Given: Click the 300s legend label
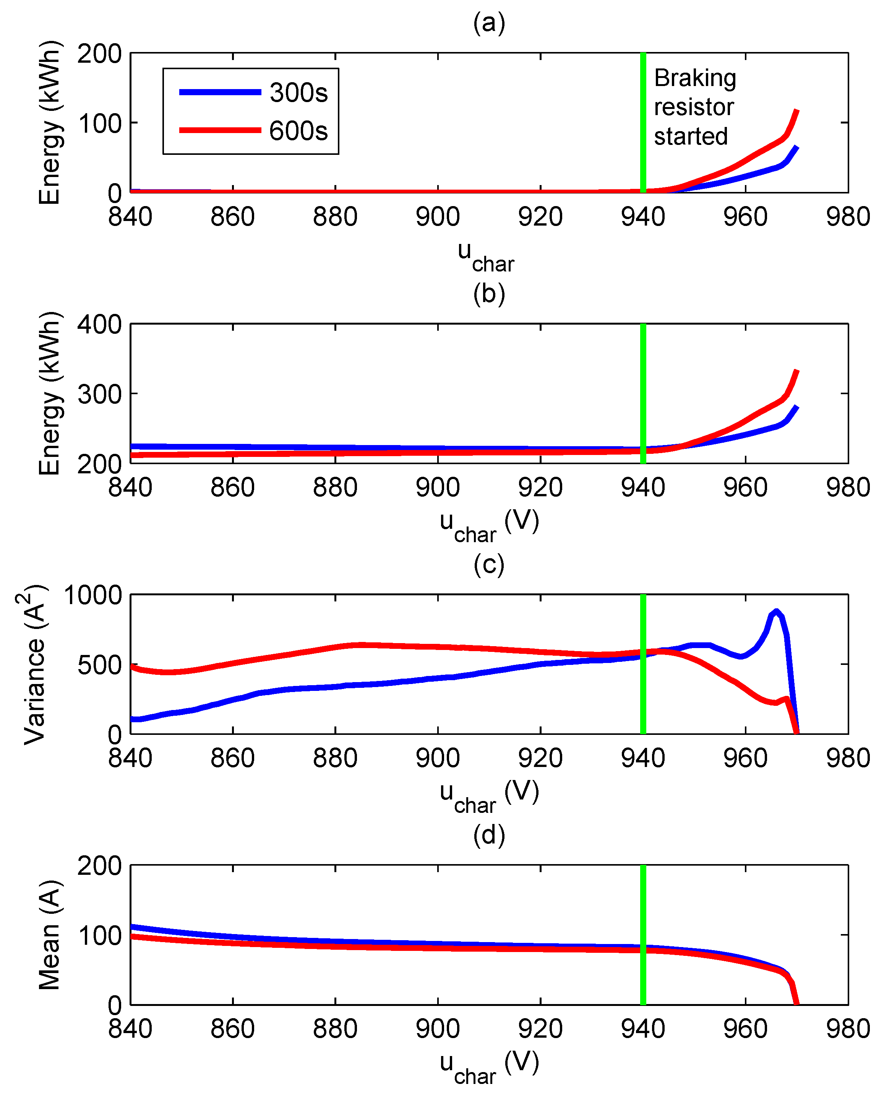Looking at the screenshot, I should point(298,93).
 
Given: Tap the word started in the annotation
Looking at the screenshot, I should point(690,136).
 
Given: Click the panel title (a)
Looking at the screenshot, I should point(489,23).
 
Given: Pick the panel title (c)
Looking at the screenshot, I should point(489,565).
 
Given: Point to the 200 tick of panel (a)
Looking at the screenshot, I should point(99,54).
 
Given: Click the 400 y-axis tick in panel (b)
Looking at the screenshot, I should point(99,325).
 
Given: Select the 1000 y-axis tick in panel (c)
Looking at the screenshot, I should point(93,595).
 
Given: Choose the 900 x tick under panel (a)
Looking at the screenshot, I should point(438,217).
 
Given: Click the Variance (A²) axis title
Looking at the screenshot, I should point(35,664).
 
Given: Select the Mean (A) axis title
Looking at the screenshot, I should point(50,935).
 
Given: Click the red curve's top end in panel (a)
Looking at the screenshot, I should point(796,111).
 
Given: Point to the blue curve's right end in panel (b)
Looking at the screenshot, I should point(796,407).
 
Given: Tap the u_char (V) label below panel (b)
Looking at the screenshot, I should point(489,525).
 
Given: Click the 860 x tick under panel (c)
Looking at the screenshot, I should point(233,758).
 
